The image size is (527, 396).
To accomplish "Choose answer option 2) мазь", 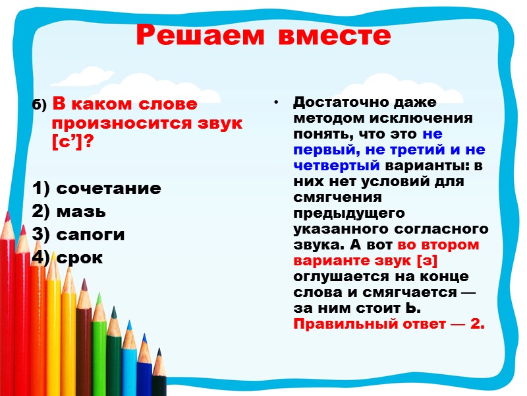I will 69,212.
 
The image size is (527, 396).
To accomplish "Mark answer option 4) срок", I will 68,257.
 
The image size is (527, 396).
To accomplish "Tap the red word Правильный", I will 341,324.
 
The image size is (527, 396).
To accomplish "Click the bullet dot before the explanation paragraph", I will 277,103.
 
